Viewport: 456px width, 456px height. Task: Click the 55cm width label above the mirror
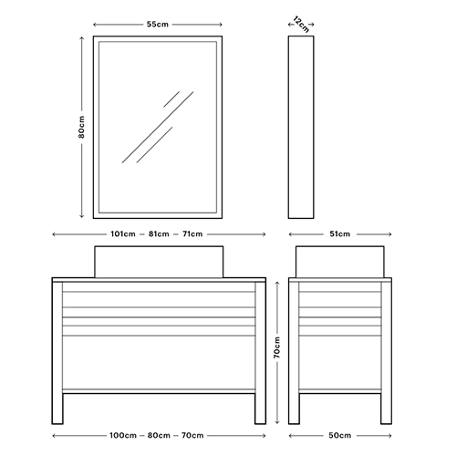158,25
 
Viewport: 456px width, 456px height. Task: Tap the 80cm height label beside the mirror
81,127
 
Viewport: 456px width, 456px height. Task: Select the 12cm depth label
301,25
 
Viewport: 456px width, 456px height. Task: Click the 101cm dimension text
123,234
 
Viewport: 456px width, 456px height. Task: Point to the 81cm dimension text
159,234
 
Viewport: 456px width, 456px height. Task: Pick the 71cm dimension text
192,234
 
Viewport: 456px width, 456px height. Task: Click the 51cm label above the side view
340,234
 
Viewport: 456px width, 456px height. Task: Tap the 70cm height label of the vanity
277,347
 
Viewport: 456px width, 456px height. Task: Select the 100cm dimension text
123,436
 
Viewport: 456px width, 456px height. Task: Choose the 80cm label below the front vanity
159,436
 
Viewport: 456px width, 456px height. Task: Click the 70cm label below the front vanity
192,436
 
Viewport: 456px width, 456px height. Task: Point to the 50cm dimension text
340,436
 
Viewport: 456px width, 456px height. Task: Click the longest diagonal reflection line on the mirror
158,127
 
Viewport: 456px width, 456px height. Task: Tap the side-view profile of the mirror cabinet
301,127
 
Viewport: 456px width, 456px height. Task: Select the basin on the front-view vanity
159,262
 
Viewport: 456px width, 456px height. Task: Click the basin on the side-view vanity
340,262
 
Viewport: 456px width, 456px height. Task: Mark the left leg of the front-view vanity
57,353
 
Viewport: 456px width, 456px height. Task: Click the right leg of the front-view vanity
260,353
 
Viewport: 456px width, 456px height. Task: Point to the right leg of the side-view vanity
386,353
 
